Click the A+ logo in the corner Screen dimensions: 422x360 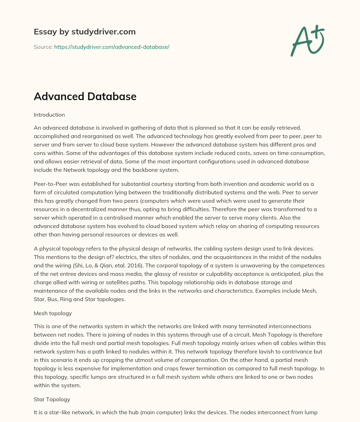(x=307, y=41)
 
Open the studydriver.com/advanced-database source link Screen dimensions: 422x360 (x=111, y=47)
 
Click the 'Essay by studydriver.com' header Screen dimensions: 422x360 (x=84, y=32)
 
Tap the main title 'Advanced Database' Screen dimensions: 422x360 (x=85, y=96)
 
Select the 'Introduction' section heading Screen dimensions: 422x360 (x=49, y=115)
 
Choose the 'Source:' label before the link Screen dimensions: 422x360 (x=43, y=47)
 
